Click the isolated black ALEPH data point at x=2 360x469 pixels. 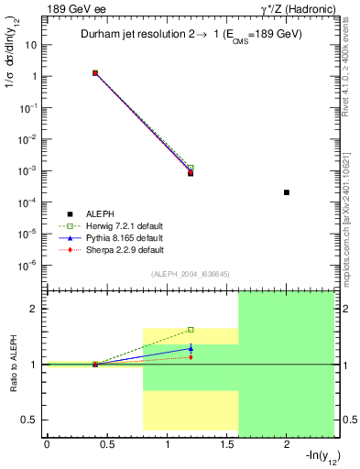287,192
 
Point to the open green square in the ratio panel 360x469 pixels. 191,330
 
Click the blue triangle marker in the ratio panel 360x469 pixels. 191,348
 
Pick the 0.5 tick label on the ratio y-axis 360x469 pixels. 31,420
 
